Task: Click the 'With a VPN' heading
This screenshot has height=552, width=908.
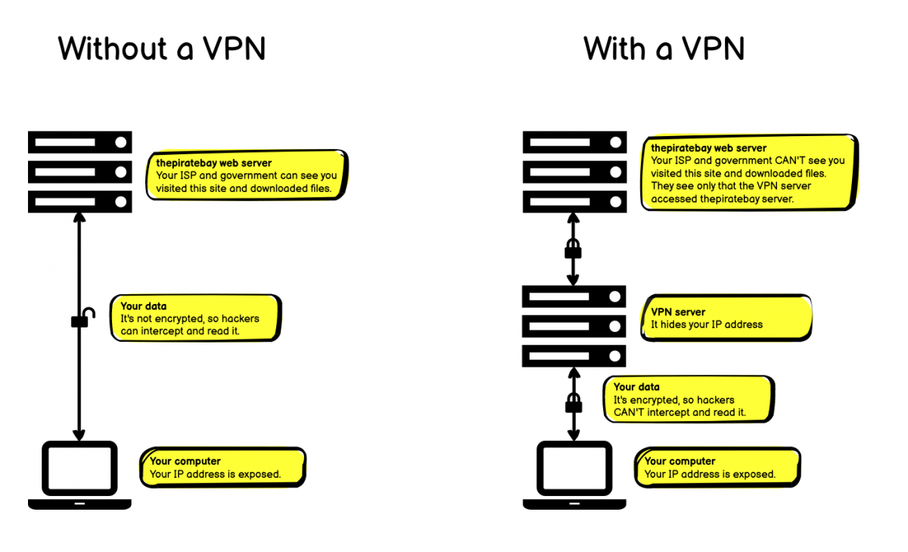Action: click(664, 49)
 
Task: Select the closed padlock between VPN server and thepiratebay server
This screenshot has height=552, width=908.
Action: click(573, 249)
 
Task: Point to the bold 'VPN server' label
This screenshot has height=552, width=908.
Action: click(678, 312)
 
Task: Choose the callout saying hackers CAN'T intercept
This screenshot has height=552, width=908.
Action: click(689, 399)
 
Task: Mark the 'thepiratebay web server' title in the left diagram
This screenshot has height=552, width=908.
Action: click(214, 163)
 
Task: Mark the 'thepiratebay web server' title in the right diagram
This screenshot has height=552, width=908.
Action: click(709, 148)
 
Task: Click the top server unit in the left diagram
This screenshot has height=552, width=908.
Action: click(79, 142)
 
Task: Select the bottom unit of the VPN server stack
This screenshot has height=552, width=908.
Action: click(574, 355)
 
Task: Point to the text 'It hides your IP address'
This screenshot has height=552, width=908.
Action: click(707, 324)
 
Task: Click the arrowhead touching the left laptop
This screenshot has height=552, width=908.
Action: click(79, 434)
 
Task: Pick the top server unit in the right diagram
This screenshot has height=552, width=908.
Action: click(574, 142)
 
